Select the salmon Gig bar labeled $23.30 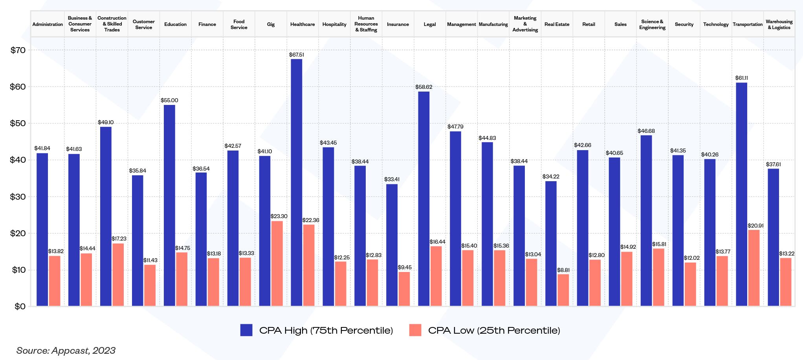pos(277,263)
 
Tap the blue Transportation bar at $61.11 pos(741,194)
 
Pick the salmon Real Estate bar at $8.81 pos(563,290)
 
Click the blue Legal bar pos(423,198)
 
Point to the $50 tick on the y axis pos(18,123)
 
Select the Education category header pos(175,24)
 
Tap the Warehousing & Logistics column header pos(779,24)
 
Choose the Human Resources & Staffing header pos(366,24)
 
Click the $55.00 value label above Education pos(169,101)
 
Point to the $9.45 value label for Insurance pos(405,268)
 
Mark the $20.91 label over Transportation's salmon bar pos(755,226)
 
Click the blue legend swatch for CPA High pos(246,330)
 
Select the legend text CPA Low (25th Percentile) pos(494,331)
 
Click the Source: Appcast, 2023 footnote pos(66,351)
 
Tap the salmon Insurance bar pos(404,289)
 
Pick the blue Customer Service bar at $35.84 pos(137,241)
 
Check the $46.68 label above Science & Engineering pos(646,131)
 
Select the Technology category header pos(716,24)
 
